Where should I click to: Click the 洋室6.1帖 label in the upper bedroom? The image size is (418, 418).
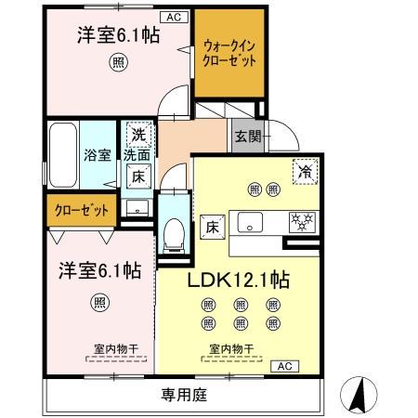tap(117, 38)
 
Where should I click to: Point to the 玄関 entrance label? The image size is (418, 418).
tap(248, 137)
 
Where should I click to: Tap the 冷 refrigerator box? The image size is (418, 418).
tap(303, 170)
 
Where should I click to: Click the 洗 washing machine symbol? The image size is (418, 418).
tap(137, 133)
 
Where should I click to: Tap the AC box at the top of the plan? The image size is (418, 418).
tap(174, 16)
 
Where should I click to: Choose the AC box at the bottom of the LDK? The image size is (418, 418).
tap(283, 366)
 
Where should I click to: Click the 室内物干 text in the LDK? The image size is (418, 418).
tap(227, 350)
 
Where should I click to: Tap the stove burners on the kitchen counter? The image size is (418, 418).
tap(303, 221)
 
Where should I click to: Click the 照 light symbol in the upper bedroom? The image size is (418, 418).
tap(118, 63)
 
